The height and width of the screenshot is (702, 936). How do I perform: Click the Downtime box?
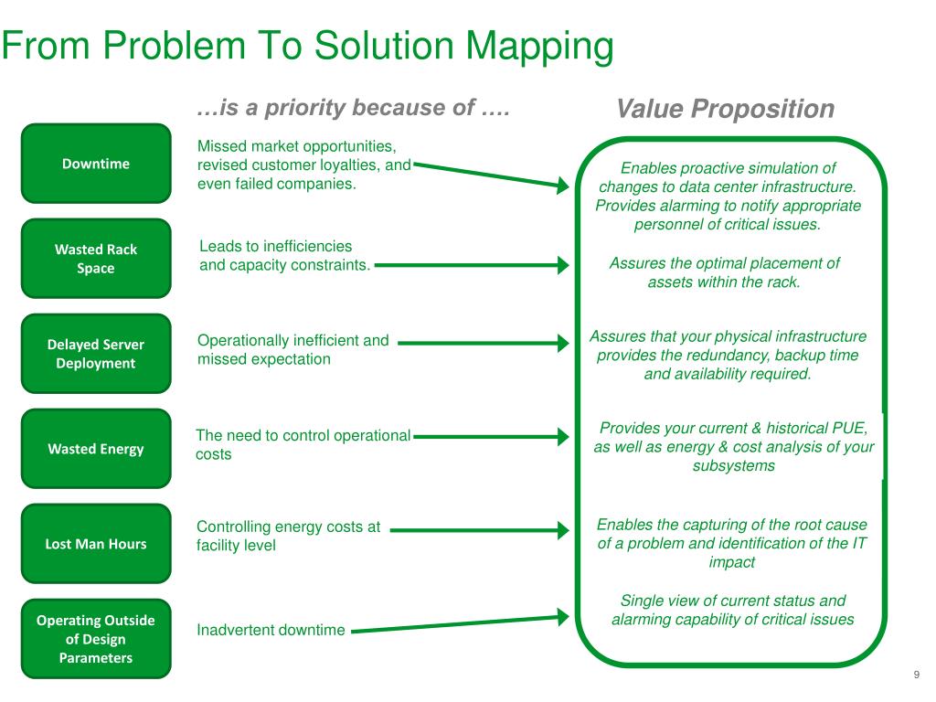point(96,164)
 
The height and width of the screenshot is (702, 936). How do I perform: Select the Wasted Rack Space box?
point(96,259)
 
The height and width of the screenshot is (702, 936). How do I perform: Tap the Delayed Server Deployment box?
point(96,354)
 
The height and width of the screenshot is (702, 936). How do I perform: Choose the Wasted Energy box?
point(96,449)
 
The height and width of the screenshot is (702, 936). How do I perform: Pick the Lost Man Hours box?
point(96,544)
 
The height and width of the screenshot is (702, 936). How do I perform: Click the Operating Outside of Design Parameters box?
point(96,639)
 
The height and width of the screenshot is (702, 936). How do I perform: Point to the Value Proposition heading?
point(725,110)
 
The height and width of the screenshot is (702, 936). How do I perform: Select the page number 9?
point(916,675)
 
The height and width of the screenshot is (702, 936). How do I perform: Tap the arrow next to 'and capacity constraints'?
point(472,266)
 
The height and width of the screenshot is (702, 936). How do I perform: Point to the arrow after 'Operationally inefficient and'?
point(484,345)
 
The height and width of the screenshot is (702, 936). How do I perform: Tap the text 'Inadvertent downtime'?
point(271,630)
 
